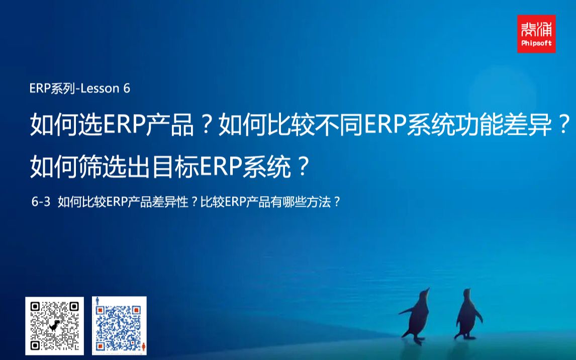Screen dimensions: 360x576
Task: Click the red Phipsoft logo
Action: tap(536, 34)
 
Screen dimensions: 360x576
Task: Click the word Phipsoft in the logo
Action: tap(536, 43)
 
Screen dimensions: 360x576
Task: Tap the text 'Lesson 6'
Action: tap(109, 88)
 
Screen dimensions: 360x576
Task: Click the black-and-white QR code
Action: tap(54, 326)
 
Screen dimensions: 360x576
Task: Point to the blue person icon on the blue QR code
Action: tap(97, 303)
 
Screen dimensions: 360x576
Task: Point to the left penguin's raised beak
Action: tap(428, 290)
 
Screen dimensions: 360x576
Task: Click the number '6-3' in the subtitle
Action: tap(41, 202)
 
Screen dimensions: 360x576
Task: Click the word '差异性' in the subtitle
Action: tap(171, 202)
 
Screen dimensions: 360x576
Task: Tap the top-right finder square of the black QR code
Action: tap(74, 306)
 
